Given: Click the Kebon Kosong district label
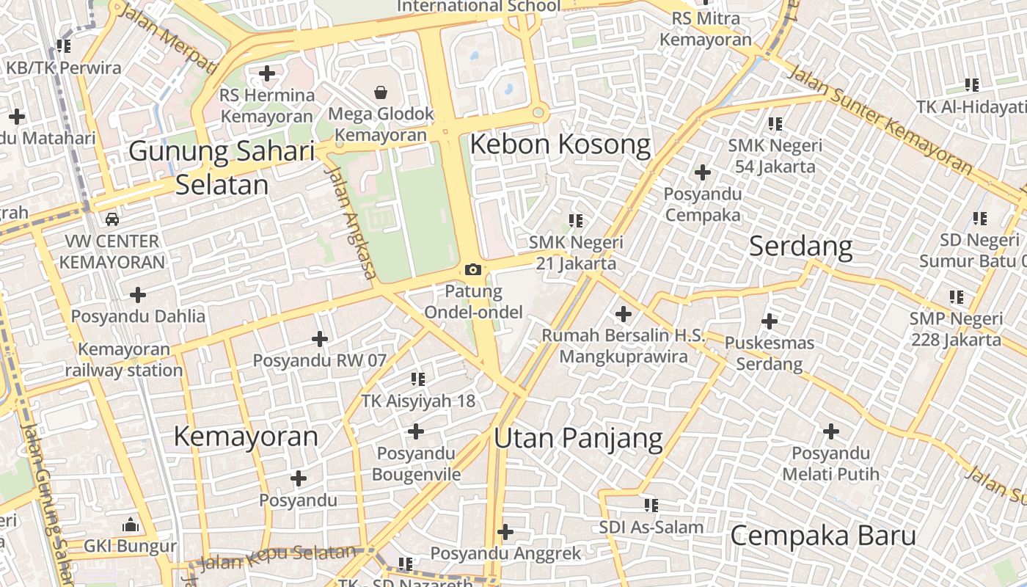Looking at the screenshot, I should click(x=560, y=145).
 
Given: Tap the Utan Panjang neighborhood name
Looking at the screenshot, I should click(x=578, y=438).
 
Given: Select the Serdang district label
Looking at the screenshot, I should click(x=800, y=247).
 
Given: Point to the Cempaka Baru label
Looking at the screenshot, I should click(x=823, y=536).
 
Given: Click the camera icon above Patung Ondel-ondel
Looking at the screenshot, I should click(x=473, y=270).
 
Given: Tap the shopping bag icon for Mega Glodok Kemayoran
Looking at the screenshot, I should click(x=381, y=92).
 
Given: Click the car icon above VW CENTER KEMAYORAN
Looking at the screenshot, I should click(x=112, y=219).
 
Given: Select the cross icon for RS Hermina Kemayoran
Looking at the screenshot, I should click(x=267, y=73).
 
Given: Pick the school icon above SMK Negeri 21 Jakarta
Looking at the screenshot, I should click(x=576, y=220).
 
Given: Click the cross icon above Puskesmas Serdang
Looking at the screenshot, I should click(x=770, y=321).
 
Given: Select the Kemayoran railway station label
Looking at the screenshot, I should click(x=124, y=360).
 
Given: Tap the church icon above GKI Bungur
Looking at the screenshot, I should click(x=131, y=525).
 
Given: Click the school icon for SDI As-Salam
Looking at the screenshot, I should click(x=651, y=506).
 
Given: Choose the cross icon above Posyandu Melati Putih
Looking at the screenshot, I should click(x=830, y=431).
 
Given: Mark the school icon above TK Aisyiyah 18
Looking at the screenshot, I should click(x=418, y=379).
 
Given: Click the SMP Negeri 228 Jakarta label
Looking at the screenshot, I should click(x=956, y=329).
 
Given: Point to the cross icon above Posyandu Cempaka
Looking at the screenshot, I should click(x=702, y=173).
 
